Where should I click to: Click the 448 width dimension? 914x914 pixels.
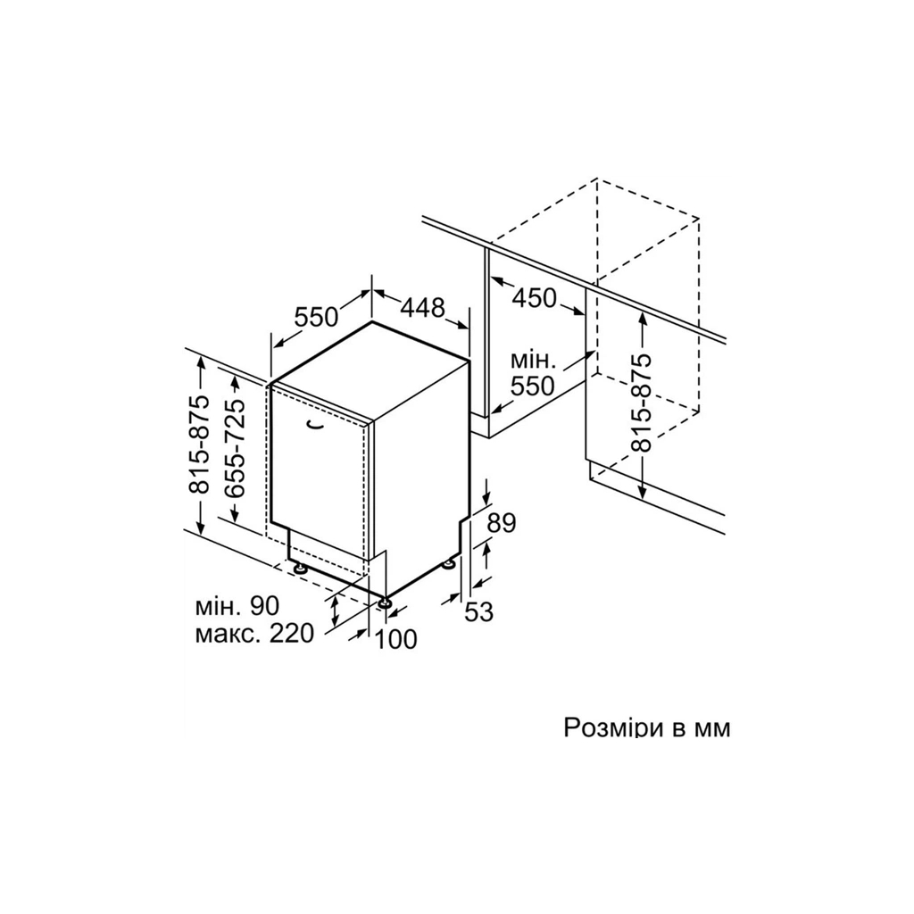click(422, 307)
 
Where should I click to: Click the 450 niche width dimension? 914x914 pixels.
click(534, 298)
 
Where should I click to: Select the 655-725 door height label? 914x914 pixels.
click(235, 448)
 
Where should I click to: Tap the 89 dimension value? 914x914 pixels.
click(502, 523)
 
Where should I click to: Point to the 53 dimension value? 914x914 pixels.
click(479, 611)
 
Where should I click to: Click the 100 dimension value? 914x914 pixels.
click(395, 639)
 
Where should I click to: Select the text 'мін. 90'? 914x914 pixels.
click(237, 606)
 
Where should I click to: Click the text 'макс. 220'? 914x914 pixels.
click(254, 633)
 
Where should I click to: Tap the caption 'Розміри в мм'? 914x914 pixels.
click(646, 728)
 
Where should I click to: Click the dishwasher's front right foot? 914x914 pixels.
click(384, 602)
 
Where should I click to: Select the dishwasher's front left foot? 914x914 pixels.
click(300, 567)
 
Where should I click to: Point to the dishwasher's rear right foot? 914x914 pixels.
click(451, 564)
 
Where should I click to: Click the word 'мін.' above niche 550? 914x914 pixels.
click(533, 361)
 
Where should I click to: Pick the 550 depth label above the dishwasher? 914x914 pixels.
click(316, 317)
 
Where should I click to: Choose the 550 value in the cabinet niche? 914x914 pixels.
click(532, 386)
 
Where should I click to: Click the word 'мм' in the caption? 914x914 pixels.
click(714, 728)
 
